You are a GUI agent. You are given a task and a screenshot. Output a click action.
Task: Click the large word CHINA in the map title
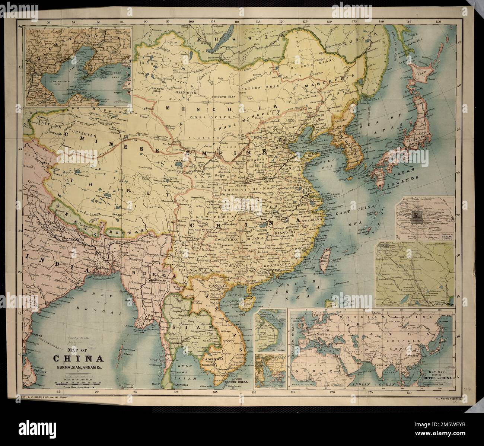pyautogui.click(x=78, y=359)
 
